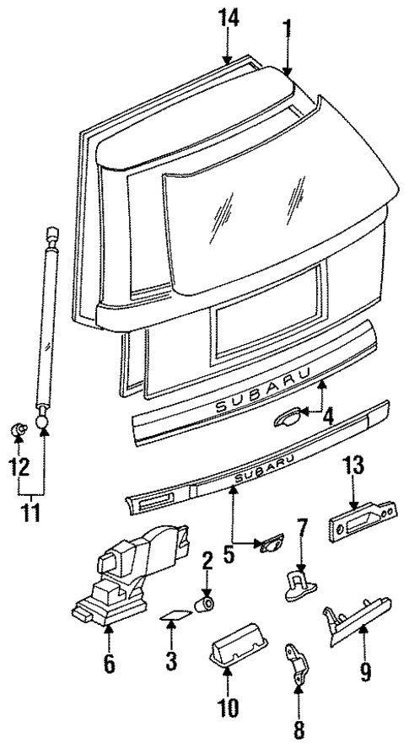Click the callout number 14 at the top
pos(227,18)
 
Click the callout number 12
pos(19,465)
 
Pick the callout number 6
pos(107,664)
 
